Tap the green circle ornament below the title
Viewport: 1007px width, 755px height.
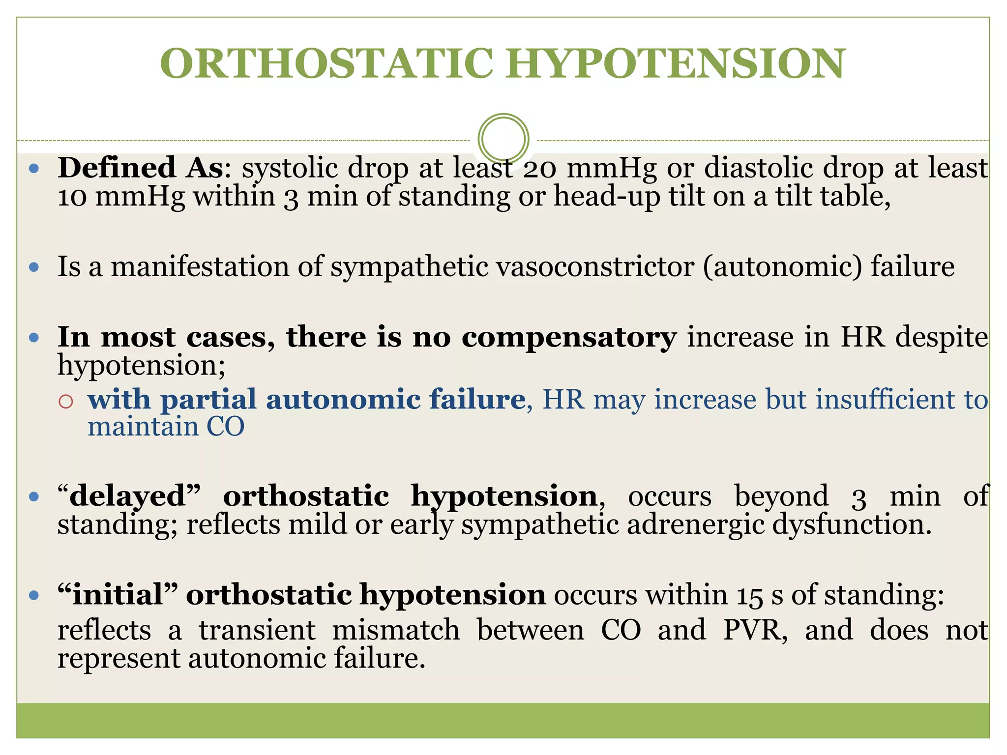[503, 139]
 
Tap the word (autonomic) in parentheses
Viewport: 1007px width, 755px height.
[782, 267]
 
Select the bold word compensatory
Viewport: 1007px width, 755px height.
[569, 338]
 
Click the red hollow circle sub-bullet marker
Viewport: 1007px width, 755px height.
[66, 402]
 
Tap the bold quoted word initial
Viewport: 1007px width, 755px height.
[118, 595]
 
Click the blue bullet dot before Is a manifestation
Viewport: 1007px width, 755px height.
[34, 267]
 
